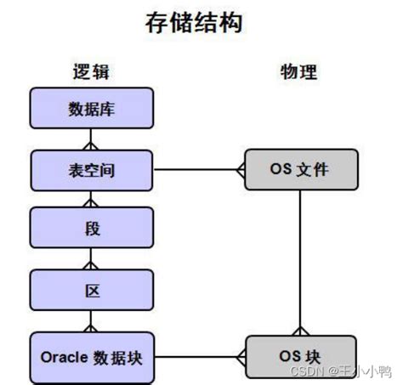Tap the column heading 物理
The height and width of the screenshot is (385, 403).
click(299, 71)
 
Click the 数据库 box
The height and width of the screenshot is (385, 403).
click(92, 108)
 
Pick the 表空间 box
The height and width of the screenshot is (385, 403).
click(92, 170)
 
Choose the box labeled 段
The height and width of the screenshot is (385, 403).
click(92, 230)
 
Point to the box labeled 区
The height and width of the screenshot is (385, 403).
click(92, 292)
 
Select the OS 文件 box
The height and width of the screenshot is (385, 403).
click(299, 170)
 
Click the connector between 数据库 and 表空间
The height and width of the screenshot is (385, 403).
click(92, 139)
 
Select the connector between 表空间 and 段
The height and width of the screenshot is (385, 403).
click(92, 201)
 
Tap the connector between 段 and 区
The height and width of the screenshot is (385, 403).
click(92, 261)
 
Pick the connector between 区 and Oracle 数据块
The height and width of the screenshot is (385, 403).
click(92, 322)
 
